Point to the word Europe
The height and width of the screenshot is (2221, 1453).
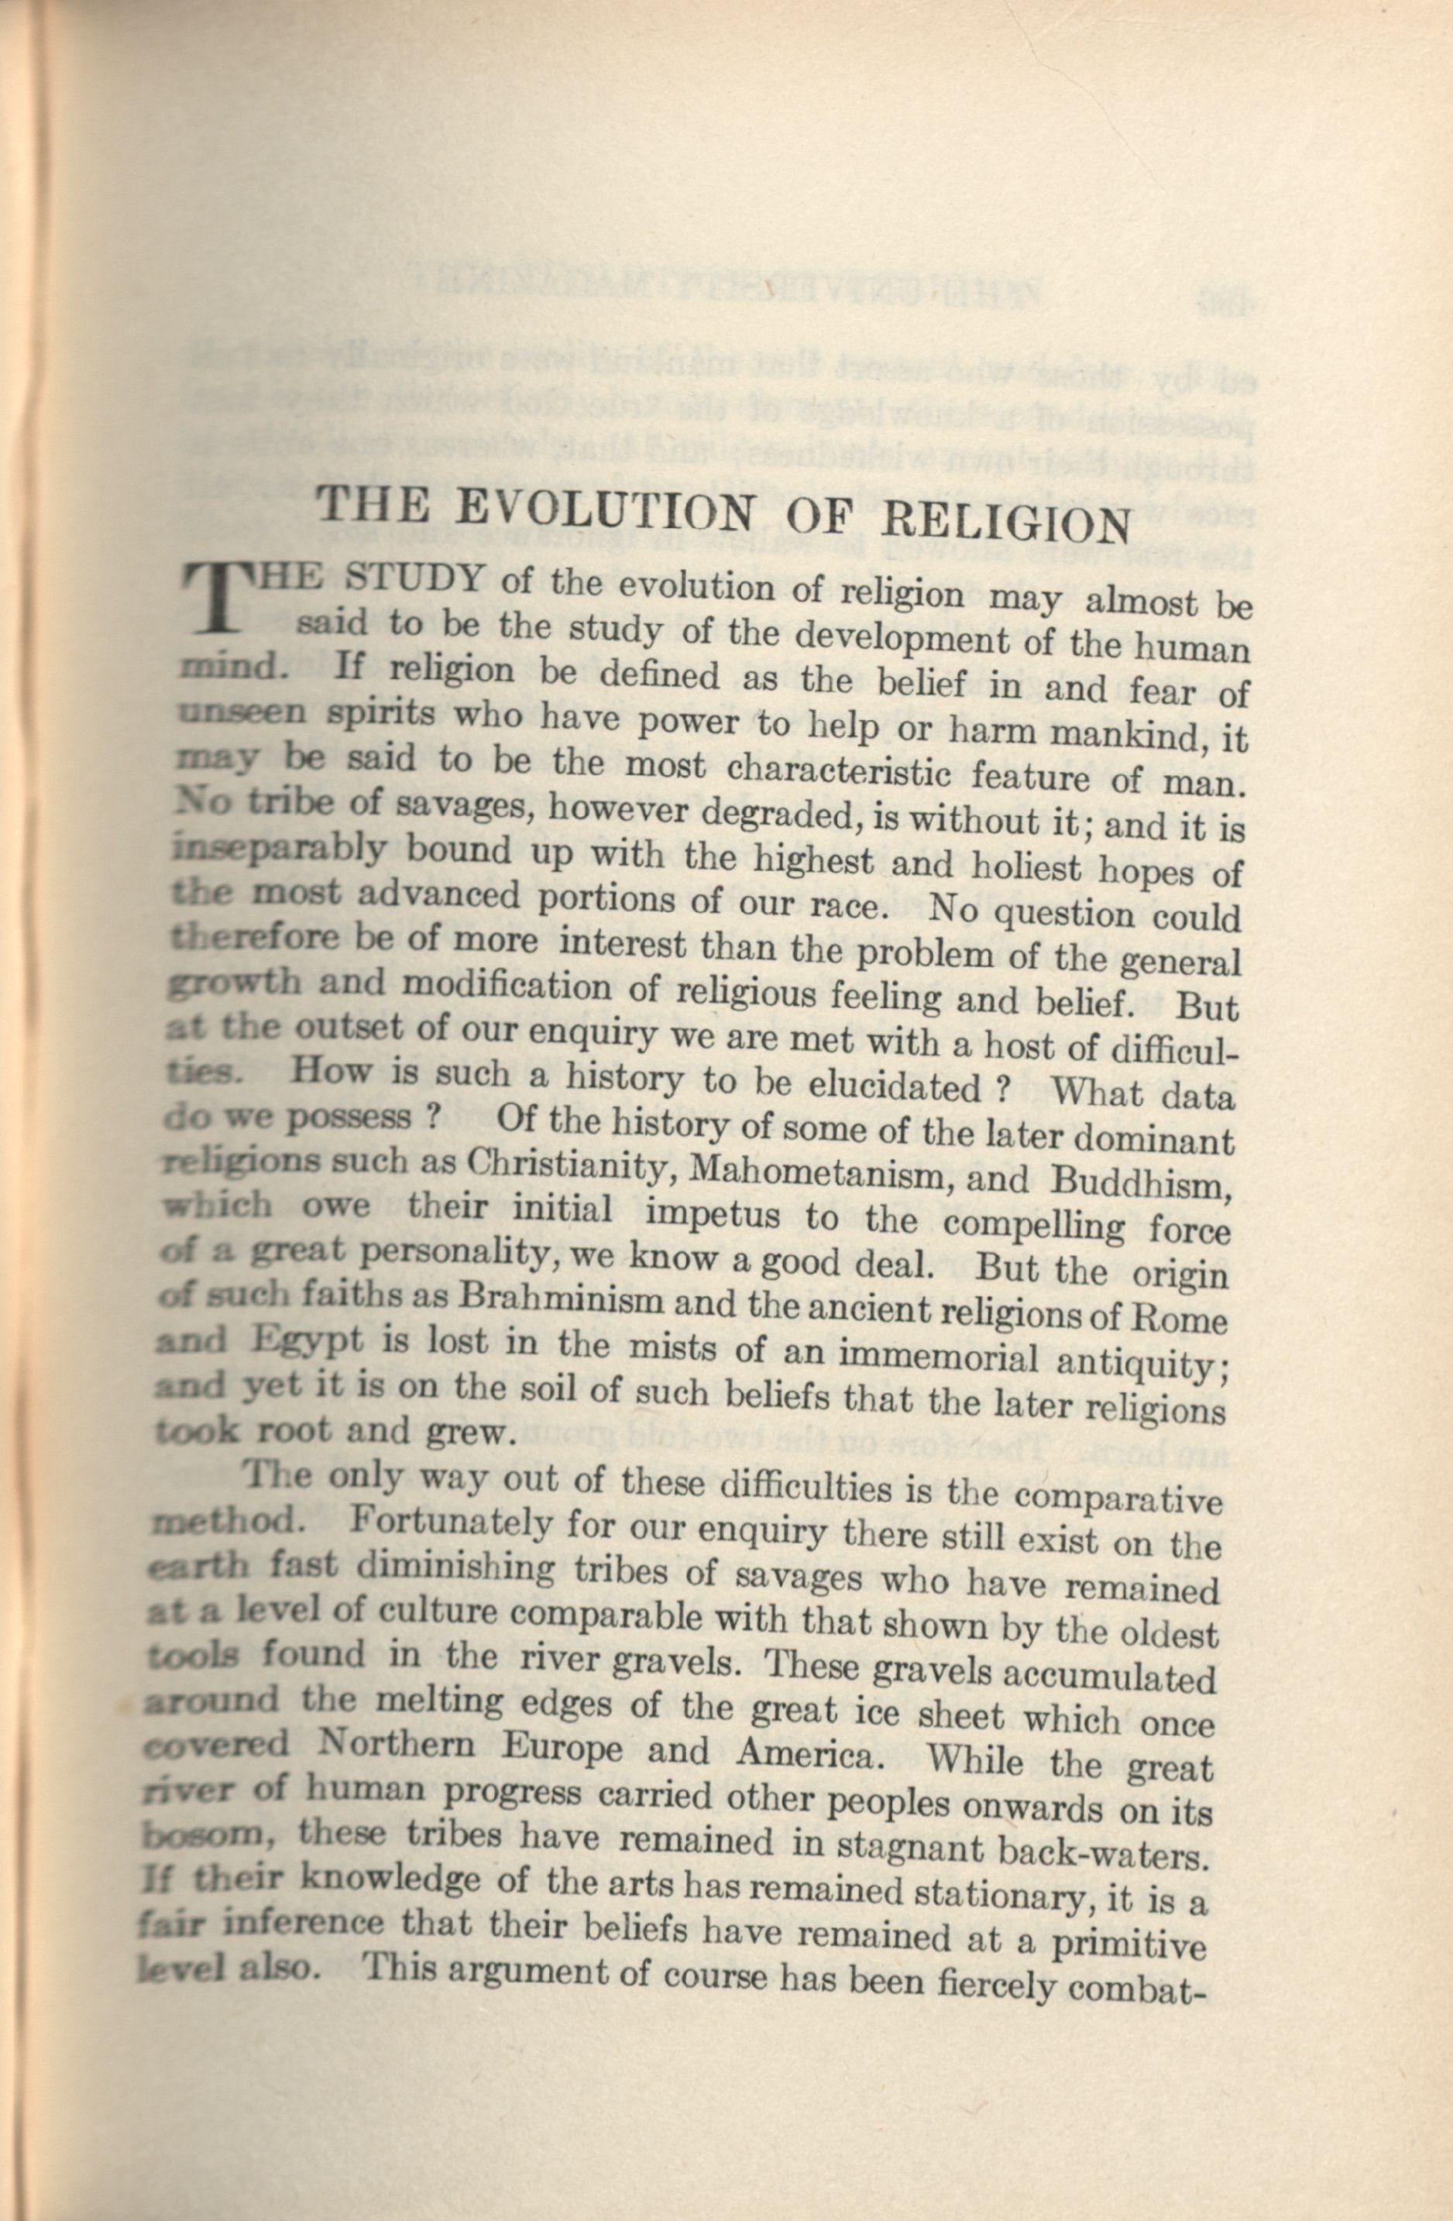coord(557,1748)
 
